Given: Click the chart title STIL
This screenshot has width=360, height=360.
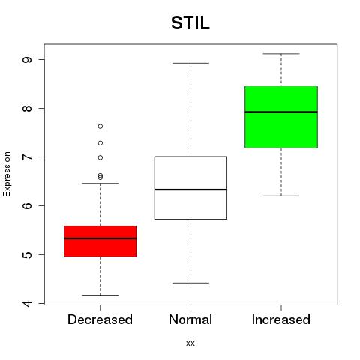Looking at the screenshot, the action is (190, 23).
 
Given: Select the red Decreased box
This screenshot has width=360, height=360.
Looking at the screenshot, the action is (100, 241).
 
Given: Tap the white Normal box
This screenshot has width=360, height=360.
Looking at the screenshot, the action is (190, 188).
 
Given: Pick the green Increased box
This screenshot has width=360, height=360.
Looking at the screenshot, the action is (281, 117).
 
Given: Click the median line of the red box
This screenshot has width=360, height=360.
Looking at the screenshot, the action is (100, 238).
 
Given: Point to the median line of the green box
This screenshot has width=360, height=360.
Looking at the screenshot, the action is (281, 112).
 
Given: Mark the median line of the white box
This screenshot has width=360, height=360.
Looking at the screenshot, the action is (190, 190).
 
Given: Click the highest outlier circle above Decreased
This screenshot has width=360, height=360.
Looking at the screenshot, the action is (100, 127).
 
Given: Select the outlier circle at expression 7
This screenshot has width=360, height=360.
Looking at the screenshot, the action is (100, 157).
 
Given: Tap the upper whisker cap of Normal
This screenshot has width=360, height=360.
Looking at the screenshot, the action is (190, 63).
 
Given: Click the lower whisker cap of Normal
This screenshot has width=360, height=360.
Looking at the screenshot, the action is (190, 283).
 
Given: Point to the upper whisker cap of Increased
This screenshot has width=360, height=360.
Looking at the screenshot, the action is (281, 54).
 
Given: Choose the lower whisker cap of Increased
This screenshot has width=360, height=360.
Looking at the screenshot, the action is (281, 196).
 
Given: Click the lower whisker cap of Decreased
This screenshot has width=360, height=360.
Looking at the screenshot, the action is (100, 295).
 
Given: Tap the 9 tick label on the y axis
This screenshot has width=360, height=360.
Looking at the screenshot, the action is (27, 60).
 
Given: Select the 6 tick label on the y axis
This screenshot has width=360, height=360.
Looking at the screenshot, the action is (27, 205).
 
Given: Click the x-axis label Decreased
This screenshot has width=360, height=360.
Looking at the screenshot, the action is (100, 319).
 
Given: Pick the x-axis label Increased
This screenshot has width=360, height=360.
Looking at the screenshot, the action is (281, 319).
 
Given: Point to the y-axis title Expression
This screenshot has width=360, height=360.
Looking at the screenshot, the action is (7, 174).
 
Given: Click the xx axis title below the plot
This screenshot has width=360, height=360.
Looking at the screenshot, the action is (190, 343).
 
